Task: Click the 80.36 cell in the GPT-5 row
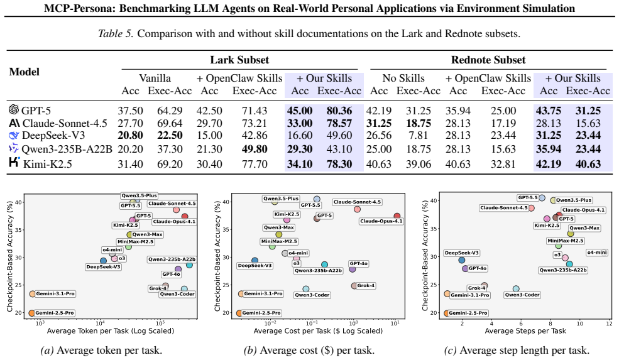(339, 111)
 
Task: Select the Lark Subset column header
(239, 60)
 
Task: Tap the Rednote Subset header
(488, 60)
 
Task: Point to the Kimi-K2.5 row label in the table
(47, 164)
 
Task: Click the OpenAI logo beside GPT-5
(14, 109)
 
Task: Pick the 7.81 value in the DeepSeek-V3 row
(418, 136)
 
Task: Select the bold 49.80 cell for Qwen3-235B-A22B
(255, 149)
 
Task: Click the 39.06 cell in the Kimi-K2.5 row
(418, 164)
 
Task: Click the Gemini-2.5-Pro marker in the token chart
(31, 313)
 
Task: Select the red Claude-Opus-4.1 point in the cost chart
(397, 216)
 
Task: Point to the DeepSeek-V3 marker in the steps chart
(461, 260)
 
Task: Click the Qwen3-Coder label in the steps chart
(522, 295)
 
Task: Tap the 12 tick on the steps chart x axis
(609, 324)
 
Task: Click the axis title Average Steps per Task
(525, 331)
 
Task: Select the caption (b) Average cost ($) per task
(309, 350)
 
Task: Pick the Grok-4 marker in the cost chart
(354, 286)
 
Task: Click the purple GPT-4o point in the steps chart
(465, 268)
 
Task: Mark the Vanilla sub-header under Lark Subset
(155, 78)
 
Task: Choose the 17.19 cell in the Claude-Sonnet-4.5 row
(503, 123)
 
